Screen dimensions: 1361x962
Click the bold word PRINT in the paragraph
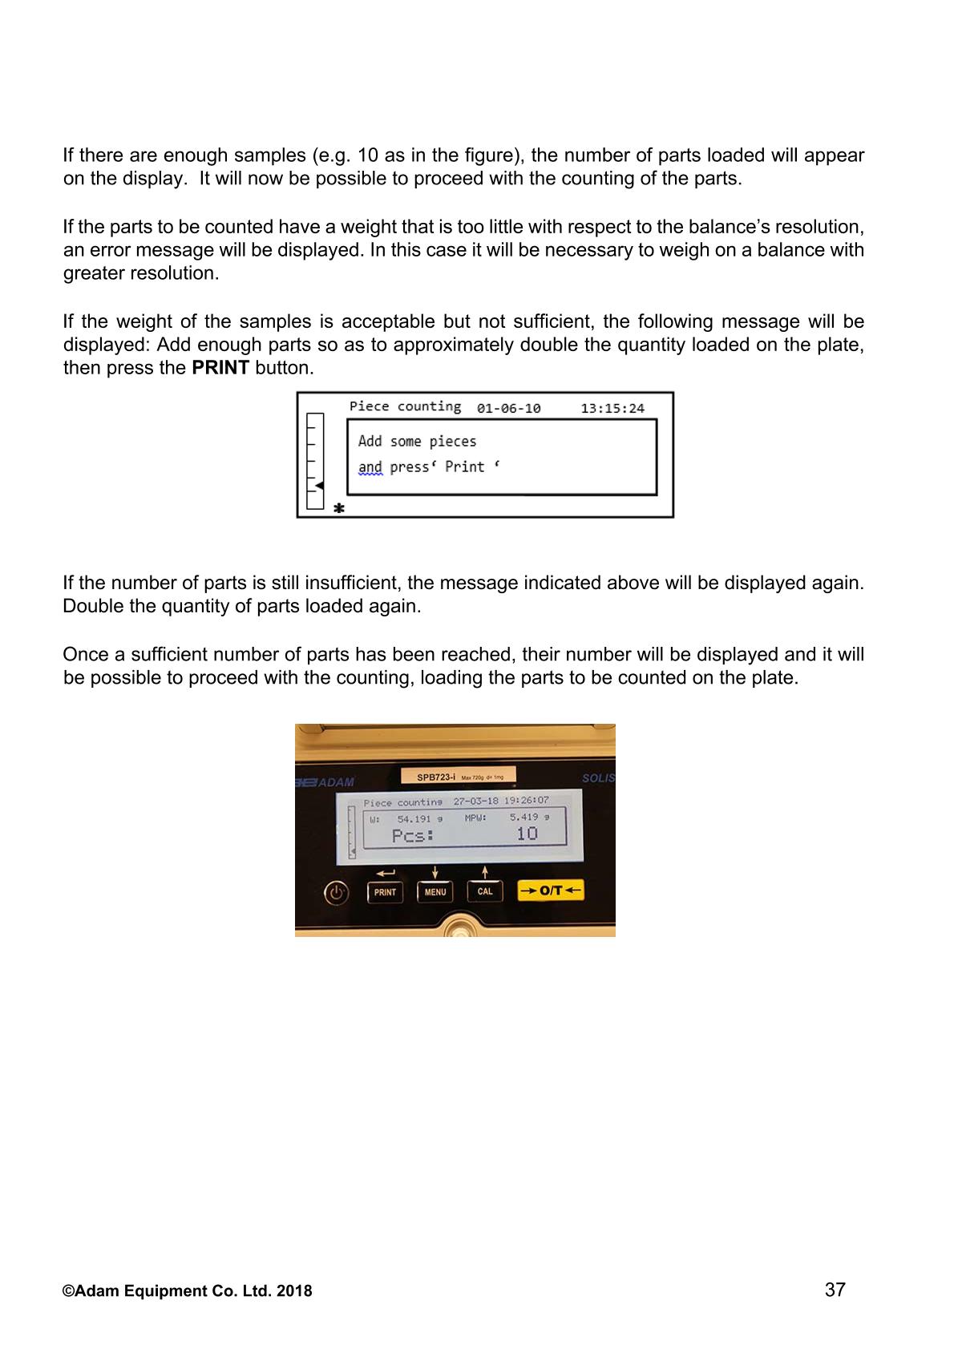point(220,368)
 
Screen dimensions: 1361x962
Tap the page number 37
point(835,1290)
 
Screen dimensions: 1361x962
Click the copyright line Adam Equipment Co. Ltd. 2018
point(188,1291)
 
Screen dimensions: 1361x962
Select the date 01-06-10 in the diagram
point(508,409)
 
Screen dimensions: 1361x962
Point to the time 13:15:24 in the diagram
point(612,409)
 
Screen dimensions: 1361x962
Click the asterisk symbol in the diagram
point(339,508)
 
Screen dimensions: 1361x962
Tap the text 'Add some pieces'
point(417,442)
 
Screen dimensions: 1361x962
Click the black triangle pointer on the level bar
point(318,486)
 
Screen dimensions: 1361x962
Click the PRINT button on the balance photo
point(385,891)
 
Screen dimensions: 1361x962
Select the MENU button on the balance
point(435,891)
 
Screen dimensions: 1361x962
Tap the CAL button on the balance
point(485,891)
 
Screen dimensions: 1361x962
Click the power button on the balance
point(337,892)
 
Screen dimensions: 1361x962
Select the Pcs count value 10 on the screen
point(527,834)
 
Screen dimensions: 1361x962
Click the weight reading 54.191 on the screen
point(414,819)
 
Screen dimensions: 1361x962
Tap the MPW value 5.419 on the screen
point(524,818)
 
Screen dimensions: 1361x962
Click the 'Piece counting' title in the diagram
point(405,406)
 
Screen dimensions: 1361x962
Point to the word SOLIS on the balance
point(598,778)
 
